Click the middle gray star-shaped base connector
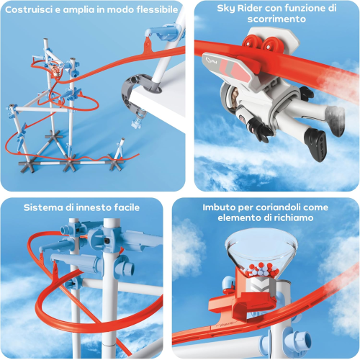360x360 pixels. click(70, 164)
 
